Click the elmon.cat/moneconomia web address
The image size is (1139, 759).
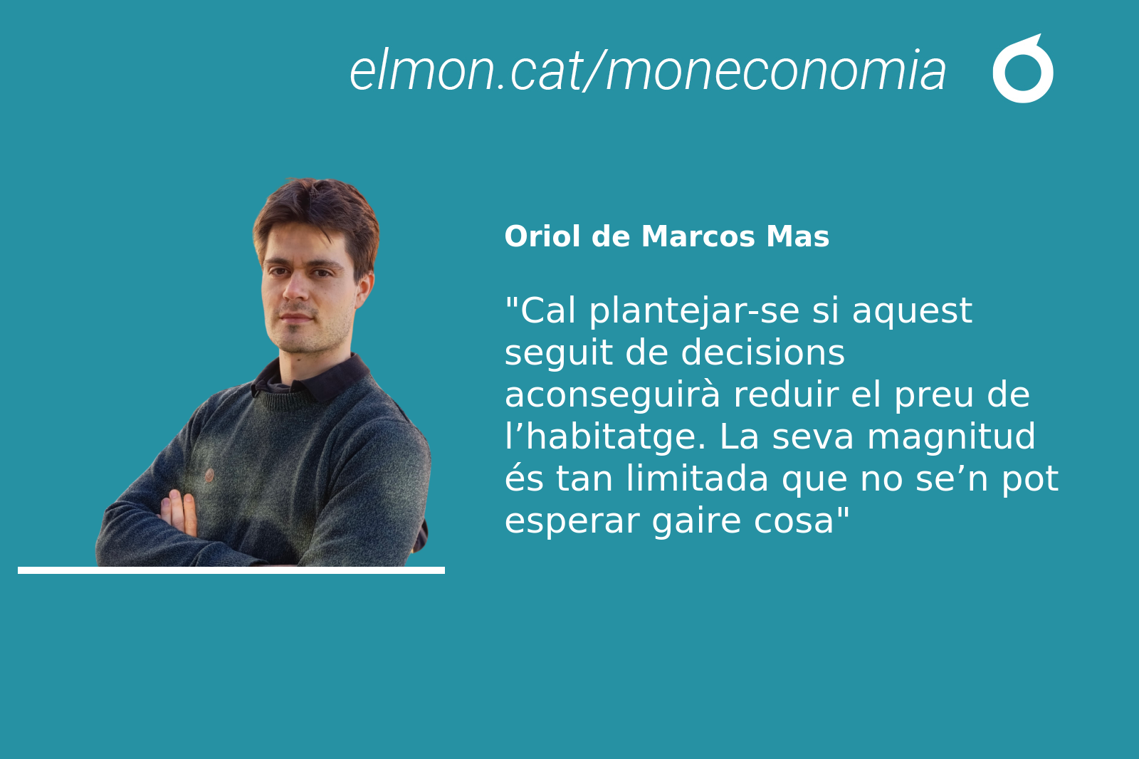[647, 70]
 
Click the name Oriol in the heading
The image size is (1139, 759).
[542, 236]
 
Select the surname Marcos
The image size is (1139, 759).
[698, 236]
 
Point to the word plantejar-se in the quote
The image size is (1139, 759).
[694, 311]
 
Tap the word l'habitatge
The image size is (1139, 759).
[605, 437]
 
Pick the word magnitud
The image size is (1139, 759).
[951, 436]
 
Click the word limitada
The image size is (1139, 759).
[697, 478]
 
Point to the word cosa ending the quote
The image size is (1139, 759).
[794, 521]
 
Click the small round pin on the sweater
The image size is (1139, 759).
[209, 476]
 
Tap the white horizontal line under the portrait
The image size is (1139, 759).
[231, 570]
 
